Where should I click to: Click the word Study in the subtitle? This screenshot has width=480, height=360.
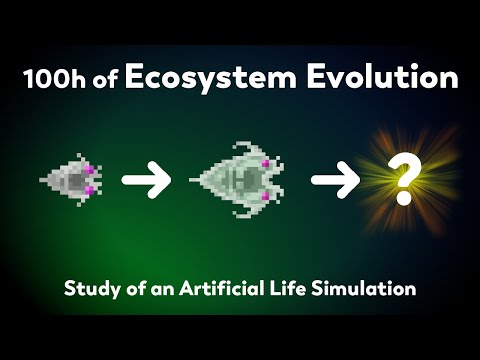tap(91, 291)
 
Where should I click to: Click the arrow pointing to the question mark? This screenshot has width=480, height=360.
tap(336, 181)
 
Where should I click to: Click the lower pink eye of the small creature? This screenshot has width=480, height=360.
tap(88, 190)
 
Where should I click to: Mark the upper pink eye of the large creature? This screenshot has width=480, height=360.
tap(267, 163)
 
